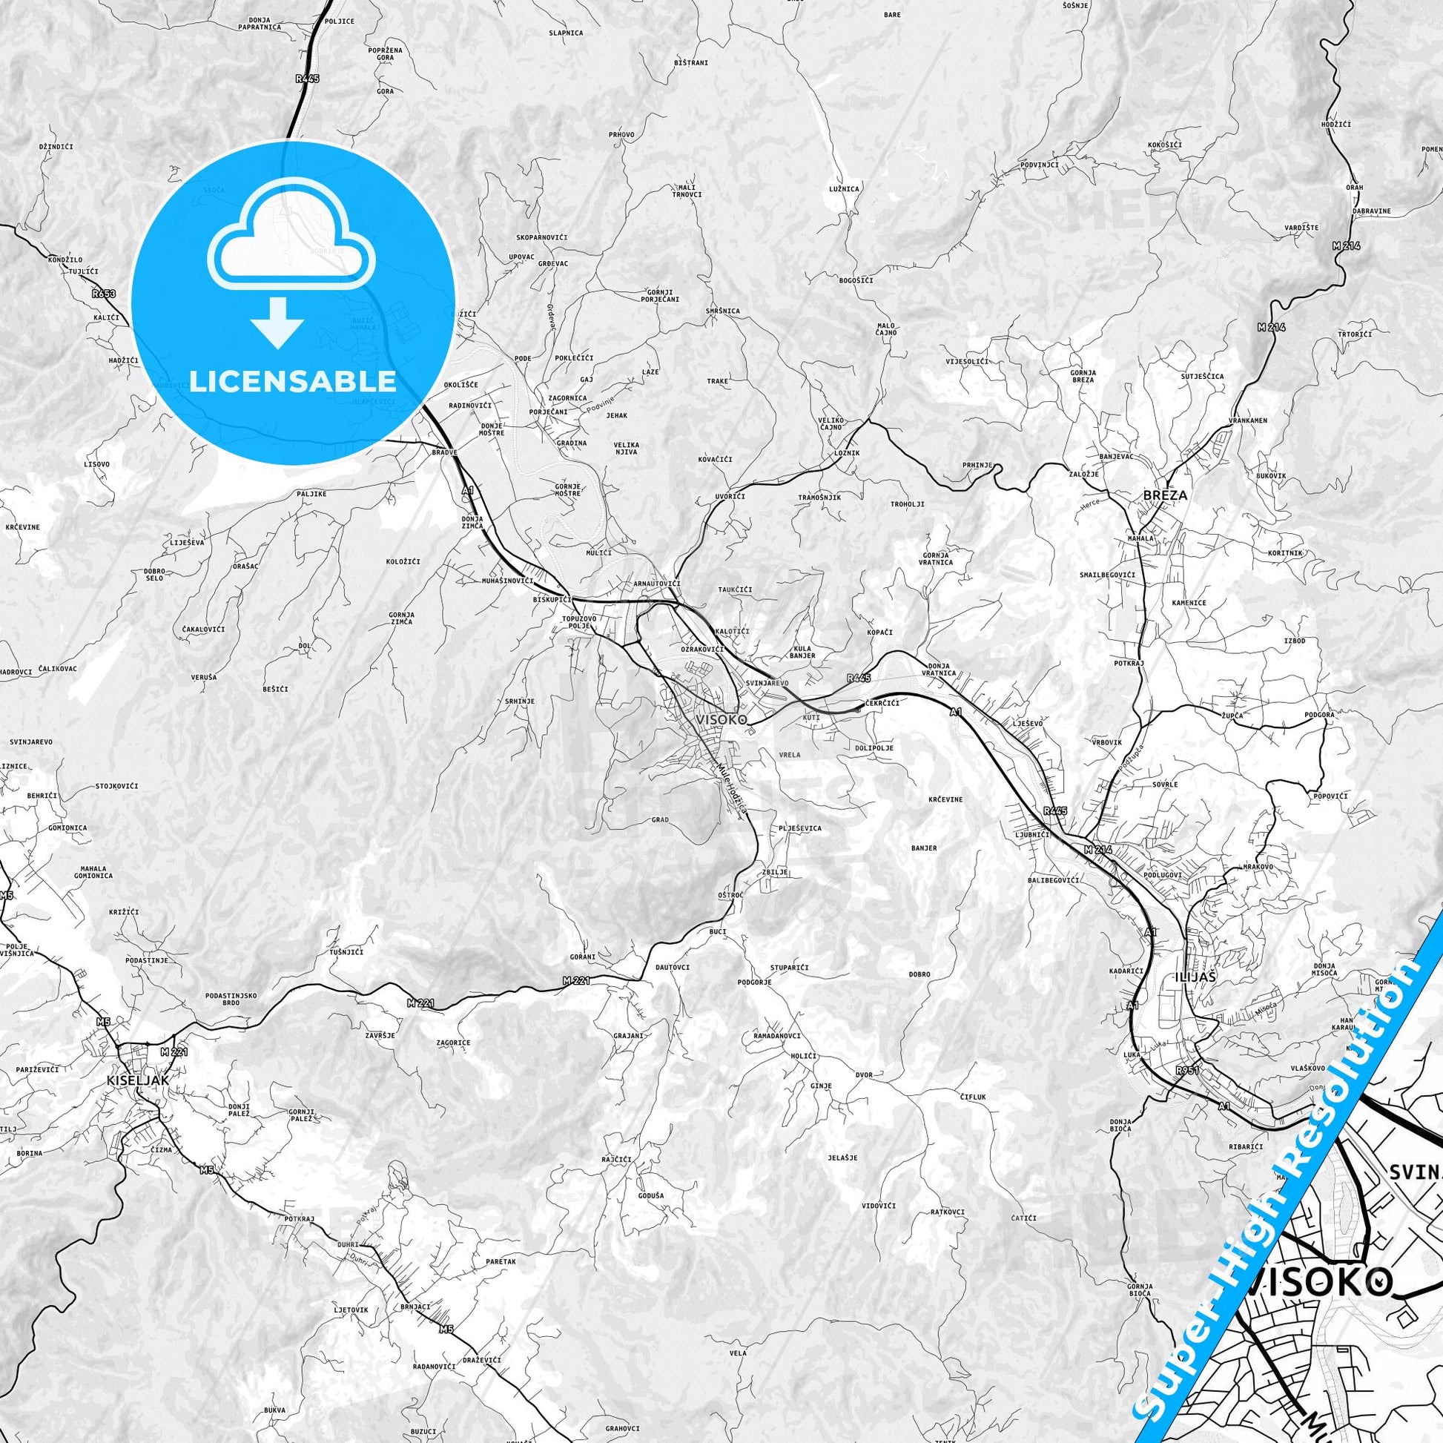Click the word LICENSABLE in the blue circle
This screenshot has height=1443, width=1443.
tap(293, 381)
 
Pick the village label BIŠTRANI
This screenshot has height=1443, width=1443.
tap(690, 64)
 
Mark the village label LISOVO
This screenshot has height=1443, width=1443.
tap(97, 464)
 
